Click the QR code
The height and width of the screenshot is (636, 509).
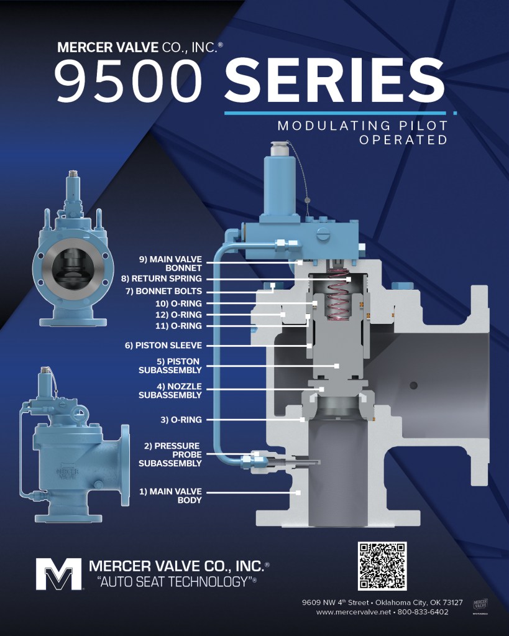[382, 566]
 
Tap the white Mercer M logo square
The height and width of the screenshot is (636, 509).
[58, 574]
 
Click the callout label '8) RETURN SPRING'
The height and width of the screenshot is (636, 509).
[162, 279]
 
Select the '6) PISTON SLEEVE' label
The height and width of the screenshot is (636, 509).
[163, 346]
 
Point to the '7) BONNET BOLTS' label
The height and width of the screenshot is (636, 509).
[163, 291]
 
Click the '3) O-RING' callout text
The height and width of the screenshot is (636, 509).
[181, 420]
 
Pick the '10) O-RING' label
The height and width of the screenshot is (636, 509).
[178, 303]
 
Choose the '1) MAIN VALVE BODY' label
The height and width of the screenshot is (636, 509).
[170, 495]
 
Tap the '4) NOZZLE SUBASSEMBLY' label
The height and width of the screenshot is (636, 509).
[170, 390]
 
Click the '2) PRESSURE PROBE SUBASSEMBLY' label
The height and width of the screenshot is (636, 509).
[170, 454]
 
